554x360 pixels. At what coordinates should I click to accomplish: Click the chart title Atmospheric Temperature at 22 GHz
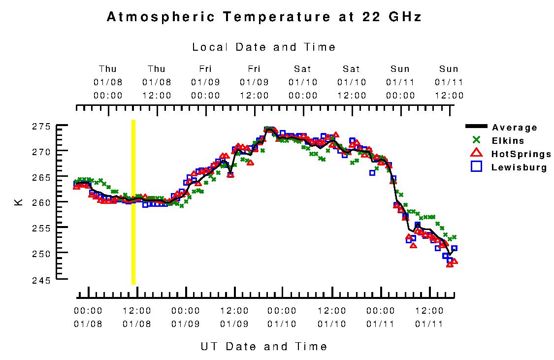pos(264,17)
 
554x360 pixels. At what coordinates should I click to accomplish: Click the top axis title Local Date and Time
pos(264,47)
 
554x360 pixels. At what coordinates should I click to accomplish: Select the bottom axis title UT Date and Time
pos(264,346)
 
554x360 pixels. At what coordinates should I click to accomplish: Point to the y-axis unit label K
pos(19,202)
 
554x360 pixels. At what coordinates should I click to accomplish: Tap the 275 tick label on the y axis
pos(41,127)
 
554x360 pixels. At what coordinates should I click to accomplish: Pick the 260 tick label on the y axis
pos(41,202)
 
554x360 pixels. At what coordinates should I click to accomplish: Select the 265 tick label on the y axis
pos(41,177)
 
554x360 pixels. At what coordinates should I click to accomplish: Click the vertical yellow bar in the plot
pos(133,202)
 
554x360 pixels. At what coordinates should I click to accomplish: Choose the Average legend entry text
pos(515,128)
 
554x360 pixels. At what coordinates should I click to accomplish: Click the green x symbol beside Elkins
pos(476,141)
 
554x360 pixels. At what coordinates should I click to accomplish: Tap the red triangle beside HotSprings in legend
pos(476,154)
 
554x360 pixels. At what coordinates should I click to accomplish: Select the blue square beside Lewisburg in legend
pos(476,167)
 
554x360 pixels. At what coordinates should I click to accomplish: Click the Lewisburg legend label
pos(519,167)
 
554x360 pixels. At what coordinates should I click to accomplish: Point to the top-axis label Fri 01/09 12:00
pos(254,82)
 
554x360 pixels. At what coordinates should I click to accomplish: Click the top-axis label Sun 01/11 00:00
pos(400,82)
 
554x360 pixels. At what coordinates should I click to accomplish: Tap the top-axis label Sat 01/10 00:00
pos(303,82)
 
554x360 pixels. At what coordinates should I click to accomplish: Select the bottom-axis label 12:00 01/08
pos(136,317)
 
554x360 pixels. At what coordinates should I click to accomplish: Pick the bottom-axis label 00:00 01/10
pos(283,317)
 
